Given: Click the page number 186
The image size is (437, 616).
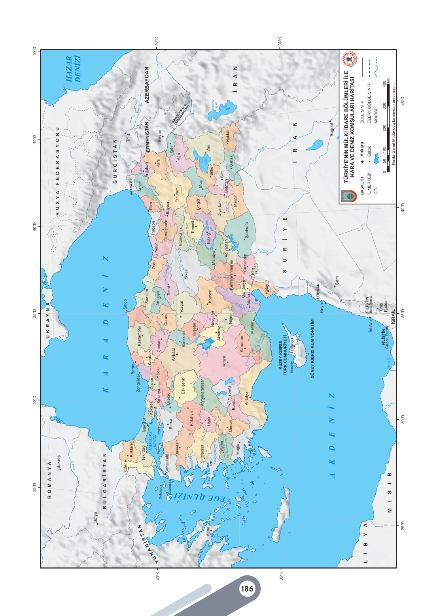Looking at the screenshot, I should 247,589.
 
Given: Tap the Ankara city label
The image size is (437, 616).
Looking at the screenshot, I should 173,354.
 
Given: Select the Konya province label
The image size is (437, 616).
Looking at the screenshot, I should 224,362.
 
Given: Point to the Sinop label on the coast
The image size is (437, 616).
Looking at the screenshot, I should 125,304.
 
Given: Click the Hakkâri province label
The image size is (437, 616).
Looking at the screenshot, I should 228,135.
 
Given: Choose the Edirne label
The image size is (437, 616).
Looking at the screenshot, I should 125,466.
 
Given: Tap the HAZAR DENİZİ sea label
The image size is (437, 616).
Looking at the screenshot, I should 74,69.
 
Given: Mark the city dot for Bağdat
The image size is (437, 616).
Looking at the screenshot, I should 330,121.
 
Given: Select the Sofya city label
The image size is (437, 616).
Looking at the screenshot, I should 95,518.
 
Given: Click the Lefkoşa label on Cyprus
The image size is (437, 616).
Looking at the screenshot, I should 291,342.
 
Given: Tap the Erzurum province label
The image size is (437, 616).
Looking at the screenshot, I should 177,194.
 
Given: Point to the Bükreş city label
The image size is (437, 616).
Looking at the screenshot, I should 58,462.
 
